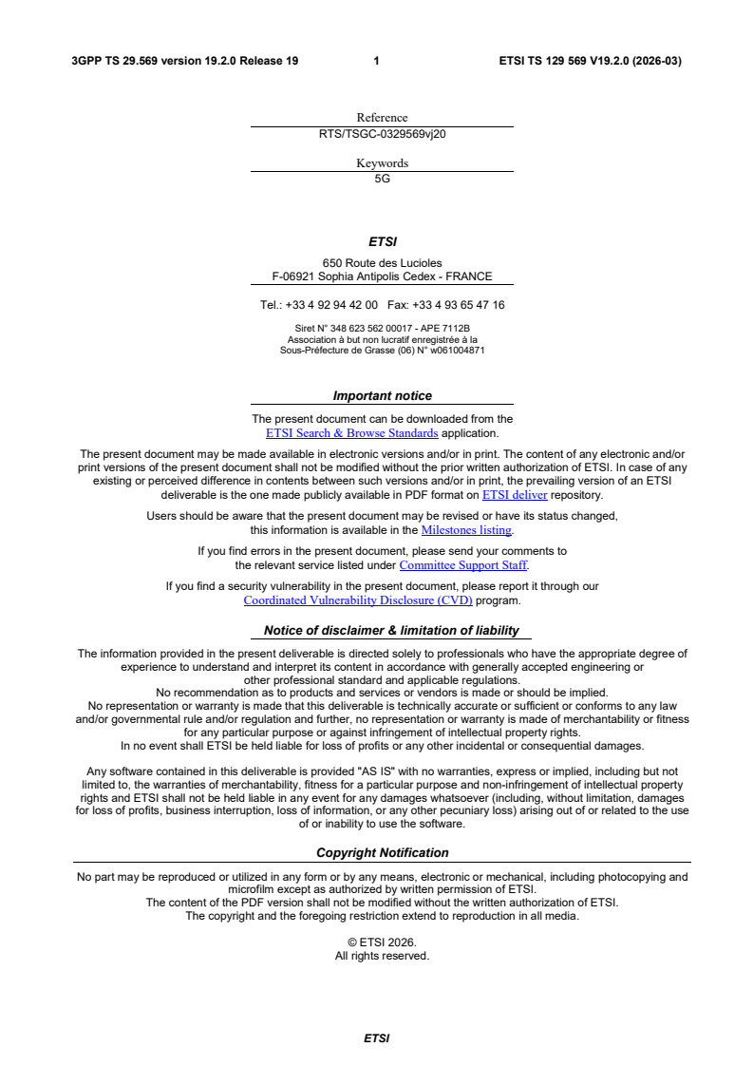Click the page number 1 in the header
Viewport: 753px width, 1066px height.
pyautogui.click(x=377, y=61)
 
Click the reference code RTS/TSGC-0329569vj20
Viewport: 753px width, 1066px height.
pyautogui.click(x=382, y=134)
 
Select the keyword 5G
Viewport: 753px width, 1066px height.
pyautogui.click(x=382, y=179)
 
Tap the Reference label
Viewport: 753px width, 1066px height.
pyautogui.click(x=382, y=118)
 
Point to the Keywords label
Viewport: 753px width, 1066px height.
pyautogui.click(x=382, y=163)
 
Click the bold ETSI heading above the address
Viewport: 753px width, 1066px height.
pyautogui.click(x=382, y=242)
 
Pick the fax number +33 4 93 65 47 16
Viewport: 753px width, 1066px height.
pyautogui.click(x=459, y=305)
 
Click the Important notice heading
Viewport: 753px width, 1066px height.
pyautogui.click(x=382, y=396)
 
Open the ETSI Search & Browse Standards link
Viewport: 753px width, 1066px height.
pyautogui.click(x=351, y=433)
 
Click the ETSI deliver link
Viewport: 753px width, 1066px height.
pyautogui.click(x=515, y=495)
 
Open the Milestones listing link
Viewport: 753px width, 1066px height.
pyautogui.click(x=466, y=530)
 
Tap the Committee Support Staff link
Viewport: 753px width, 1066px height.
pyautogui.click(x=462, y=565)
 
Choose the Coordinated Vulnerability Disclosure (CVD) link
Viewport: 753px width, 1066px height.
pyautogui.click(x=358, y=600)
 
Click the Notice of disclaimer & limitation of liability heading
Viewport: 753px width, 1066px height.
pyautogui.click(x=391, y=630)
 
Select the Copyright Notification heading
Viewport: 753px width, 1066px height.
pyautogui.click(x=382, y=853)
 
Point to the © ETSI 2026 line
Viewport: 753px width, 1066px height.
pyautogui.click(x=382, y=942)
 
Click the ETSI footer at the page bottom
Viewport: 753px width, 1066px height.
pyautogui.click(x=377, y=1038)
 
